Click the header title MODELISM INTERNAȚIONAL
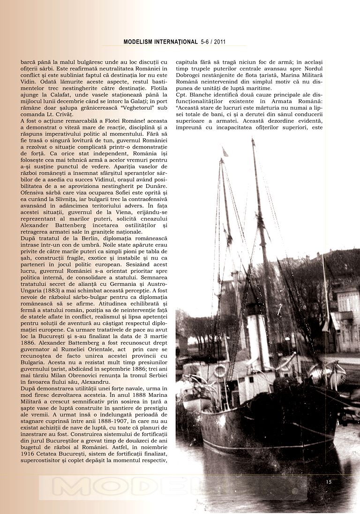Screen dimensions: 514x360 click(160, 42)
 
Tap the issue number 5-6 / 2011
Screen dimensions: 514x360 click(213, 42)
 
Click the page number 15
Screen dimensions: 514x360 click(329, 482)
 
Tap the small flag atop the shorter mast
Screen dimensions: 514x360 click(225, 152)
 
